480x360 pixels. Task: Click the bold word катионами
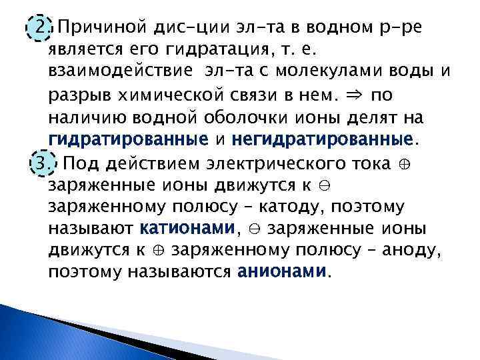pyautogui.click(x=188, y=229)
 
